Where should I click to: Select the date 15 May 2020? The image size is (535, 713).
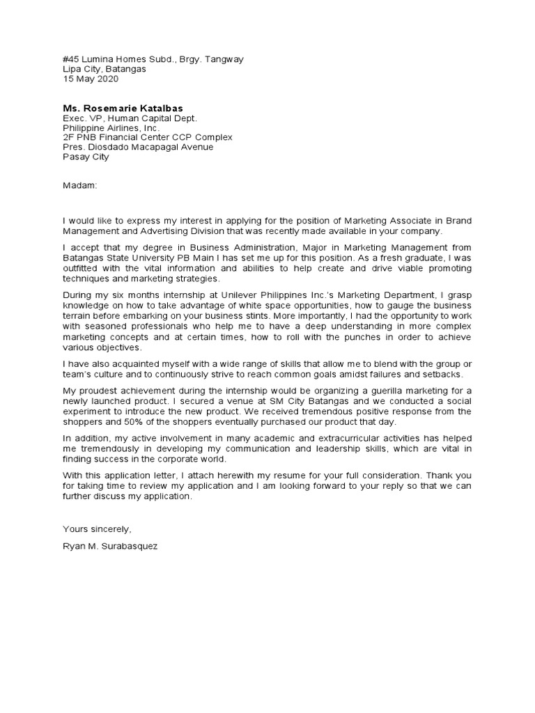91,79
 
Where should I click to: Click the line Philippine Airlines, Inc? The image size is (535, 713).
111,128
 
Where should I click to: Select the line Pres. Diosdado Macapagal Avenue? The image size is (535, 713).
138,147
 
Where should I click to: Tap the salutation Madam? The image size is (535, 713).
81,186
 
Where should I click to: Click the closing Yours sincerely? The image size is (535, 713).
97,530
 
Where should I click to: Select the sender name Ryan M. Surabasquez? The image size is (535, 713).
110,547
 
